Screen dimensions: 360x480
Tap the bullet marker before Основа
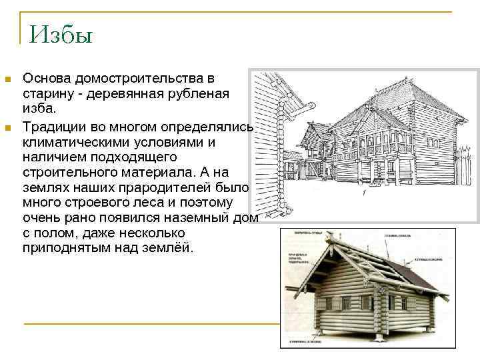tap(8, 79)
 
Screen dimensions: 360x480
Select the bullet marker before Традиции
tap(8, 127)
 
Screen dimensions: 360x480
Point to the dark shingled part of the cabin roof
tap(409, 273)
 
